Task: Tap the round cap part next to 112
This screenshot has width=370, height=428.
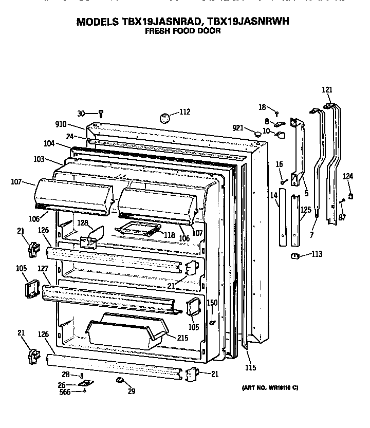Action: [x=165, y=118]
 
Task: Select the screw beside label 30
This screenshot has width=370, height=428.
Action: [x=102, y=113]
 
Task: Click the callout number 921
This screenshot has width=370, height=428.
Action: [x=238, y=127]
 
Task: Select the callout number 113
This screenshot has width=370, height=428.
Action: [x=317, y=253]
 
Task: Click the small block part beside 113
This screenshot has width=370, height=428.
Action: [x=295, y=255]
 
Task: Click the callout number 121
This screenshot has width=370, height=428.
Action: [x=327, y=89]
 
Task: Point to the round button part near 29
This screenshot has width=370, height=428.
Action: [x=120, y=380]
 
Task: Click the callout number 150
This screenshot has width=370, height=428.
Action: [x=212, y=303]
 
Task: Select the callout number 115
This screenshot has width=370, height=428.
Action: [x=250, y=367]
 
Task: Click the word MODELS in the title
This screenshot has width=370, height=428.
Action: [x=98, y=22]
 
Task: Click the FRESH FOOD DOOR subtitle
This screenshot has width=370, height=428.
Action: [x=182, y=31]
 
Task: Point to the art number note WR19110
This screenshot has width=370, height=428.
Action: [x=270, y=388]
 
